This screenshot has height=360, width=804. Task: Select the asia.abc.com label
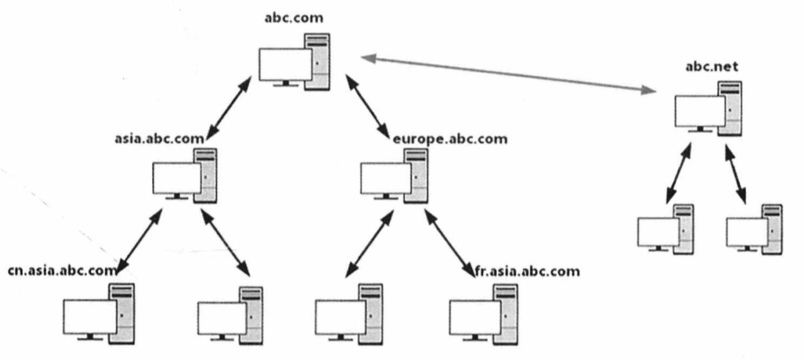160,137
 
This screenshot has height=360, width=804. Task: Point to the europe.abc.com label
449,139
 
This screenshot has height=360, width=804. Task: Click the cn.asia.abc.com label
63,271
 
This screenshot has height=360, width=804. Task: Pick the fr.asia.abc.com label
527,271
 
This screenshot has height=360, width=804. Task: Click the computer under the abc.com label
294,62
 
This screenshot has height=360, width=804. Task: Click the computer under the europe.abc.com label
393,177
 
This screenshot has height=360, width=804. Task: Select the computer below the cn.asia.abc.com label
99,313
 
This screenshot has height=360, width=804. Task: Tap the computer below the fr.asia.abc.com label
483,313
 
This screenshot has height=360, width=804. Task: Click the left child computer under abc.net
666,229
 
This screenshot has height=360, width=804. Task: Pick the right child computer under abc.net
754,229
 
